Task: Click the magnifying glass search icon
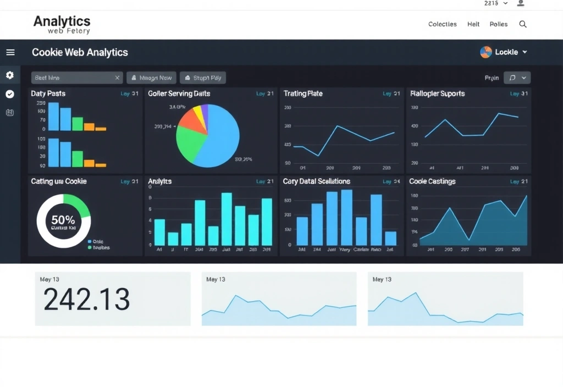point(523,24)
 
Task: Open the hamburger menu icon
point(10,52)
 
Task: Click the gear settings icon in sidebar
point(10,75)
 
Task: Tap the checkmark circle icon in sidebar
point(10,94)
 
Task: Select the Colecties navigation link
point(442,24)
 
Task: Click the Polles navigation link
point(498,24)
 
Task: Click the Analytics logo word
point(62,21)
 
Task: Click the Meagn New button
point(152,78)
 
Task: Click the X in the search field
point(117,78)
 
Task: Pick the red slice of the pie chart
point(191,124)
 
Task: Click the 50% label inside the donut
point(63,220)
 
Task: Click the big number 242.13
point(86,300)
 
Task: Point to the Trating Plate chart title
point(303,93)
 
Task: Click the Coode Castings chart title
point(432,181)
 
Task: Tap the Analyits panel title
point(159,181)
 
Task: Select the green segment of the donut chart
point(81,206)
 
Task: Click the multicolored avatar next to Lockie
point(486,52)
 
